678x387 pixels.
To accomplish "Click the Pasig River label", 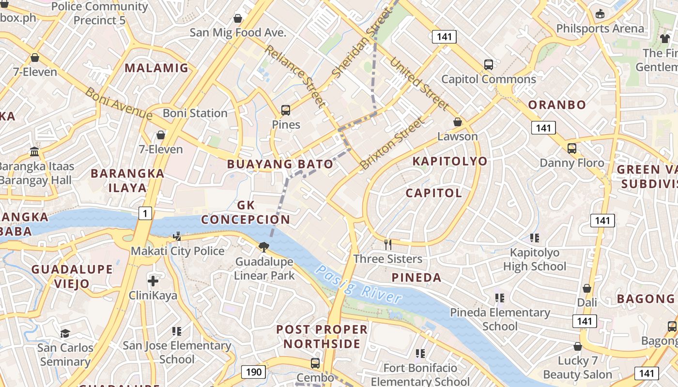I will (x=358, y=284).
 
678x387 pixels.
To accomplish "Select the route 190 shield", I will (x=253, y=372).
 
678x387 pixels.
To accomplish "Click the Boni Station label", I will (x=195, y=113).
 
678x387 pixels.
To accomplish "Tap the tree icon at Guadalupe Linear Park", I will (x=264, y=247).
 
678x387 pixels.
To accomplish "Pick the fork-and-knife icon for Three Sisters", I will (x=387, y=244).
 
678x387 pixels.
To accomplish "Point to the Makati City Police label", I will (x=178, y=251).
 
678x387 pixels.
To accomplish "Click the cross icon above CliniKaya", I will (x=153, y=281).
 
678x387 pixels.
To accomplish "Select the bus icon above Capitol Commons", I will (x=489, y=64).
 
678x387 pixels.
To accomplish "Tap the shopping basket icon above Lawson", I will (x=457, y=122).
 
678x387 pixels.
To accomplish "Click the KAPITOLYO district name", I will (x=450, y=161).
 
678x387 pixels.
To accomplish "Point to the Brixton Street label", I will (x=392, y=144).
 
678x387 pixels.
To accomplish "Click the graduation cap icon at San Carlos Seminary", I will (x=65, y=333).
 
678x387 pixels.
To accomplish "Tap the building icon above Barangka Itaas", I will (x=34, y=152).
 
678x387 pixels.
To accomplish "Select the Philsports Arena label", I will (x=600, y=29).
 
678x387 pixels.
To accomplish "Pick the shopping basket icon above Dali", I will (x=587, y=288).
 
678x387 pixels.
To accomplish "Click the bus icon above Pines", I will (x=286, y=110).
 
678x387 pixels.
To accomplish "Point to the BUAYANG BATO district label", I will (x=280, y=164).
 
